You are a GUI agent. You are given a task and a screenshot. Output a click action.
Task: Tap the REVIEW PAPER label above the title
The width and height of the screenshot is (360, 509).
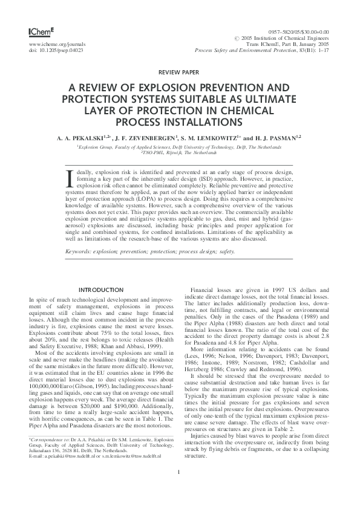pyautogui.click(x=180, y=71)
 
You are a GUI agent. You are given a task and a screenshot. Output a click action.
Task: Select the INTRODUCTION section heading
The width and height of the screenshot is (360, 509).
pyautogui.click(x=101, y=290)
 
